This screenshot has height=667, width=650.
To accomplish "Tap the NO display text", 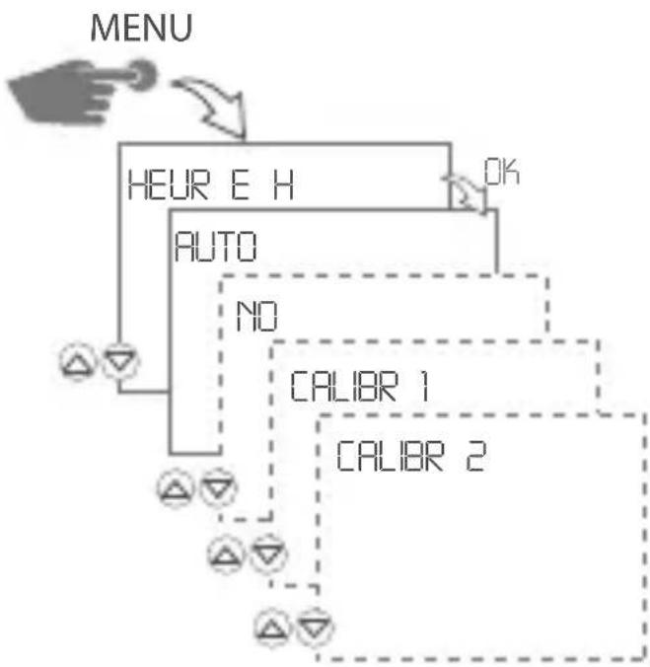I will (257, 315).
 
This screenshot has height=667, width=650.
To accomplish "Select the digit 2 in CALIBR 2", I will (474, 455).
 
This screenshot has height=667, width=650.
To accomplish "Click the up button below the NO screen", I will (225, 554).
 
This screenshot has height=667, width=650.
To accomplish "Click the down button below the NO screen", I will (263, 554).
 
